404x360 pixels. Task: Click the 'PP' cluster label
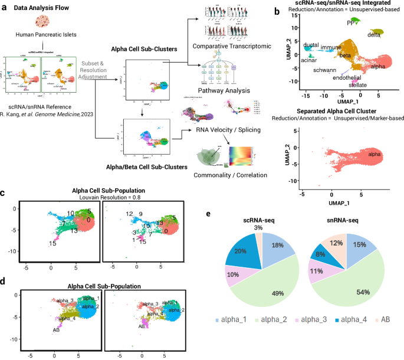click(351, 22)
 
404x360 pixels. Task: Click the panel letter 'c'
click(4, 192)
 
